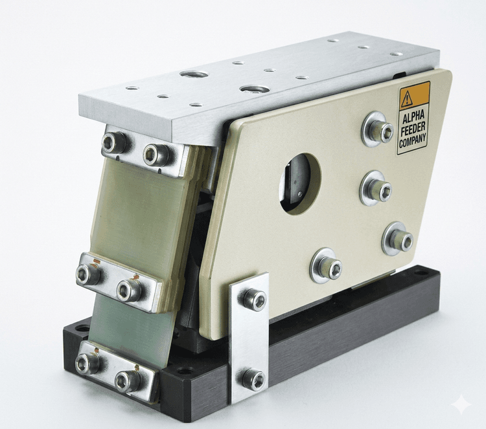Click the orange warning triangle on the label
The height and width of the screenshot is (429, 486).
(x=407, y=98)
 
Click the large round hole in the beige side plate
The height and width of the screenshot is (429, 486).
(x=299, y=183)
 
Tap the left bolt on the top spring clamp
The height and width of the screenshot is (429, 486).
(x=115, y=143)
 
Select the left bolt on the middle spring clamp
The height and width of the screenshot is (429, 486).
(x=88, y=274)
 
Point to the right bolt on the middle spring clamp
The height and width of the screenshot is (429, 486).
(x=129, y=291)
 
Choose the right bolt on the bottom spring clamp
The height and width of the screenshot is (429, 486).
(x=127, y=381)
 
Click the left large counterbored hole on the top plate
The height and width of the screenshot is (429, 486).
(x=193, y=74)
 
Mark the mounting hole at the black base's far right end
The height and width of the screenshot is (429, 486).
(x=421, y=272)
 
